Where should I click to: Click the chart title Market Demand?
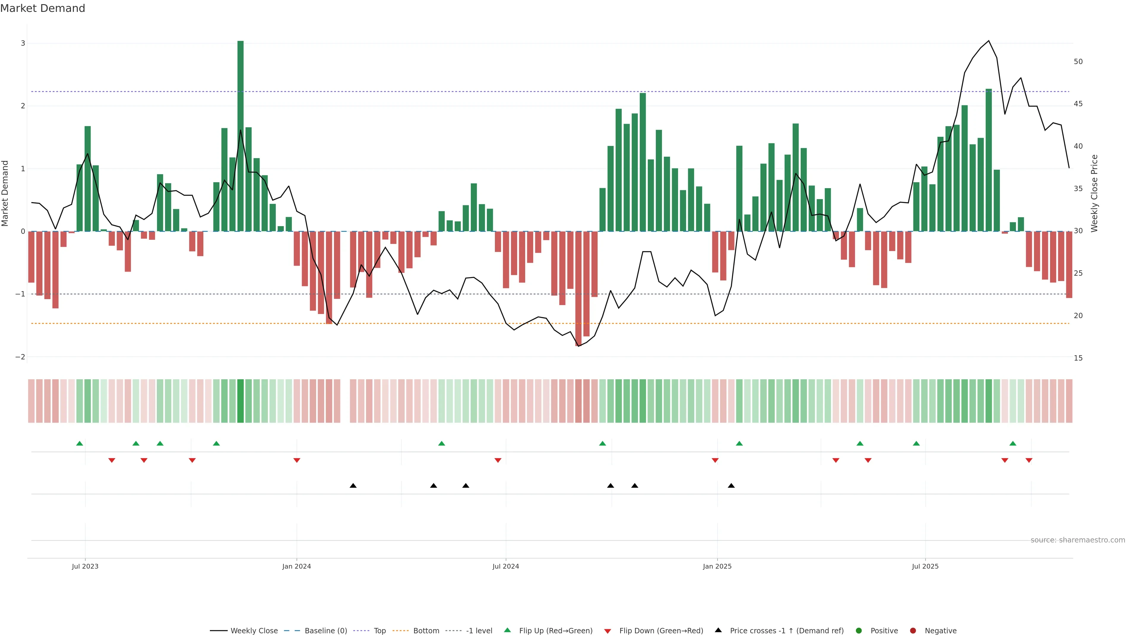click(42, 8)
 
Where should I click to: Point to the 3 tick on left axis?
click(23, 43)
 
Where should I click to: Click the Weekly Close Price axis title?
click(1094, 193)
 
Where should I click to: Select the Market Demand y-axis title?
click(5, 193)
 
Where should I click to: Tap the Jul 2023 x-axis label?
click(85, 566)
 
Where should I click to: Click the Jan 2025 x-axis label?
click(717, 566)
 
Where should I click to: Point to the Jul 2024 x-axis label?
click(505, 566)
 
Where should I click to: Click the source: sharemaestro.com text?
click(1078, 540)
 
